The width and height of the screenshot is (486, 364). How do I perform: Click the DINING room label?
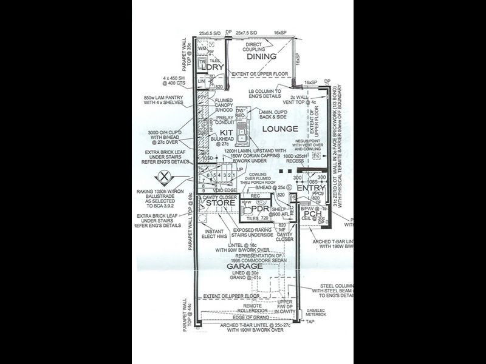[261, 56]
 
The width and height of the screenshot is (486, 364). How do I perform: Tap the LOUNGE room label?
[279, 129]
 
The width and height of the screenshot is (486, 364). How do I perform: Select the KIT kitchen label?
[227, 132]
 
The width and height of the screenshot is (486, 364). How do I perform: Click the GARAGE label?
[245, 266]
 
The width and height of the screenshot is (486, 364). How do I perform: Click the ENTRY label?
[311, 189]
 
